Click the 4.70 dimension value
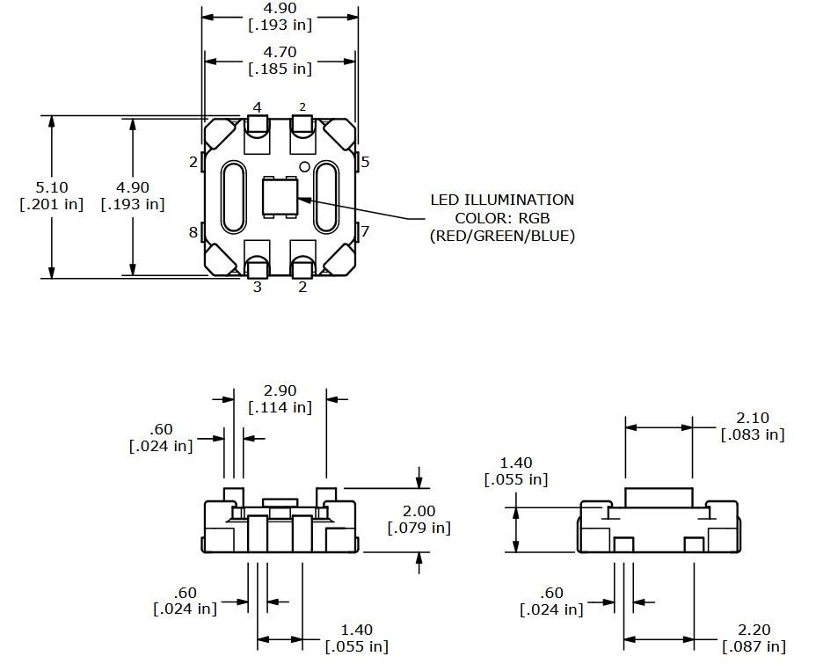(280, 52)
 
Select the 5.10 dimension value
(51, 187)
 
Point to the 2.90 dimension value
(280, 390)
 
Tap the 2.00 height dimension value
(419, 511)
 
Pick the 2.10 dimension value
(753, 418)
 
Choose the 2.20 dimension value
(754, 630)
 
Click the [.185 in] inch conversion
(280, 68)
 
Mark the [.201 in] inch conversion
(51, 204)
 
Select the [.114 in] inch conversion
(280, 407)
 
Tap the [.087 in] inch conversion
(754, 646)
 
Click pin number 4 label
(257, 107)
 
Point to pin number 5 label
(365, 162)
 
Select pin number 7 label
(365, 231)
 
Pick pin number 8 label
(193, 232)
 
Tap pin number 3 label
(257, 287)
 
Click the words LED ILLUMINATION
(501, 200)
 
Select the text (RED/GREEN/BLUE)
(501, 235)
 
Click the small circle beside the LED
(304, 166)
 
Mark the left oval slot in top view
(233, 197)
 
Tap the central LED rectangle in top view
(280, 197)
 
